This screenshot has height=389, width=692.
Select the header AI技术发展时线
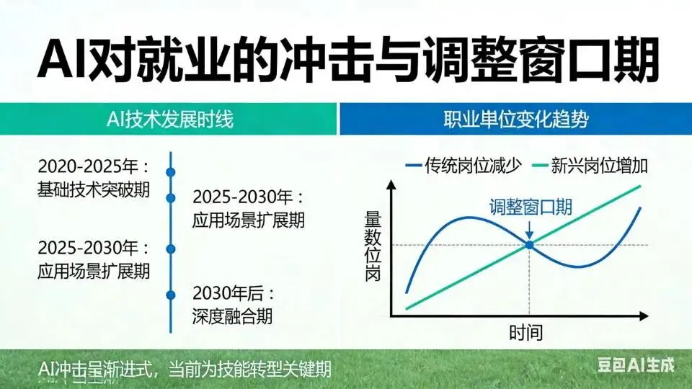pyautogui.click(x=169, y=119)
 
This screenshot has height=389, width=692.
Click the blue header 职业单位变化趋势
pyautogui.click(x=515, y=119)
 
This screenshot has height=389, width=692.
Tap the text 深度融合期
pyautogui.click(x=233, y=316)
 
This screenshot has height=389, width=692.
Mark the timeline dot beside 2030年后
pyautogui.click(x=171, y=295)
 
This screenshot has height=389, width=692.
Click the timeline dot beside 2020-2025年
pyautogui.click(x=171, y=172)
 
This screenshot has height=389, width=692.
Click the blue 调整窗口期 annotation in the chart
pyautogui.click(x=531, y=208)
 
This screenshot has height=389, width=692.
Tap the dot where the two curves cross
pyautogui.click(x=530, y=245)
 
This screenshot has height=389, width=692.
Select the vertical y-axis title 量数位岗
pyautogui.click(x=372, y=245)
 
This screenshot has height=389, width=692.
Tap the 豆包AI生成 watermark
pyautogui.click(x=636, y=365)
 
